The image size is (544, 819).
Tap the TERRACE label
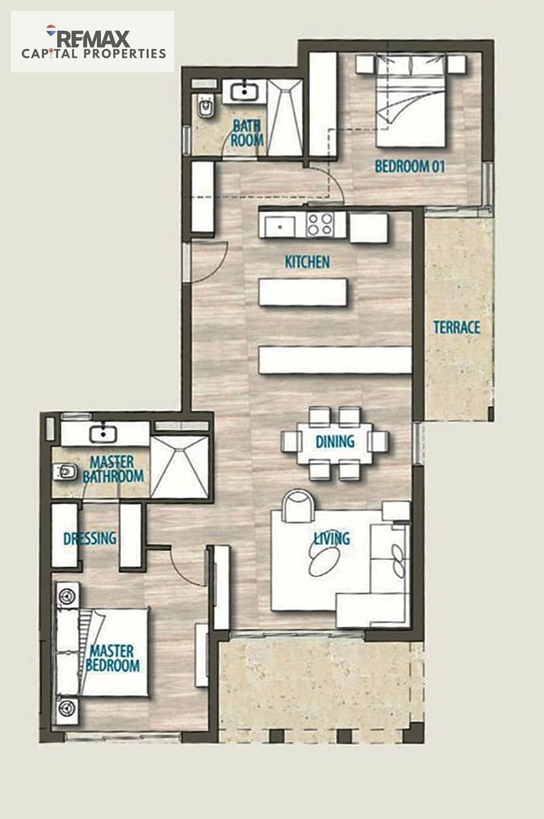tap(456, 327)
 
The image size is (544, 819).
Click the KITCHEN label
tap(307, 262)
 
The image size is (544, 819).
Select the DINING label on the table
tap(335, 441)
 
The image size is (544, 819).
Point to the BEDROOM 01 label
tap(410, 167)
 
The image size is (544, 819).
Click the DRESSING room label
tap(90, 538)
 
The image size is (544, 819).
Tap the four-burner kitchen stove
tap(320, 224)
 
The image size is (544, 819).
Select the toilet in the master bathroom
tap(65, 472)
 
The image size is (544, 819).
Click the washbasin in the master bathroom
tap(103, 433)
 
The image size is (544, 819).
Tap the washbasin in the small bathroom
tap(244, 90)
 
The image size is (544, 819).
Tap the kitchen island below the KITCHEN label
tap(303, 292)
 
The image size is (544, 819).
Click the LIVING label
tap(332, 538)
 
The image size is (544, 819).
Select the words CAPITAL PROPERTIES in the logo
tap(94, 54)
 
